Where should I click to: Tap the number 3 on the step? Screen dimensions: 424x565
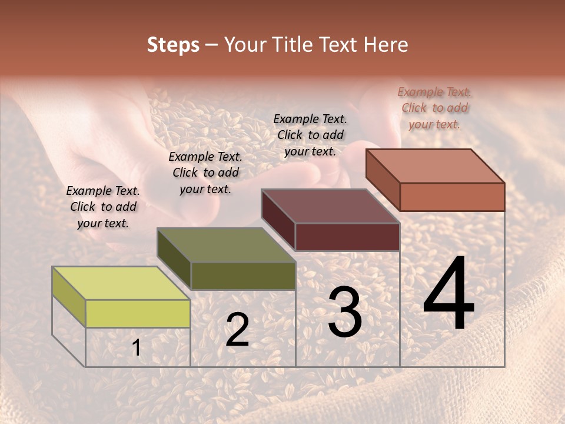[345, 312]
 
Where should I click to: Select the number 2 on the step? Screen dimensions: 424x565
[237, 330]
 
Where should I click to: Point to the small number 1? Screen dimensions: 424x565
[137, 348]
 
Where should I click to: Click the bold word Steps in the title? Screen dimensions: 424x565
[173, 45]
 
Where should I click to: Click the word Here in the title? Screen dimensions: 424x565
[386, 45]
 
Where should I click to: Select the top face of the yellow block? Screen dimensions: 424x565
[121, 283]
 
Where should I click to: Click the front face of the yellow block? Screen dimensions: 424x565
[138, 313]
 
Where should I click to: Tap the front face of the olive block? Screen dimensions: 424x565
[243, 276]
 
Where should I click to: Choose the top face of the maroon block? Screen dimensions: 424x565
[331, 206]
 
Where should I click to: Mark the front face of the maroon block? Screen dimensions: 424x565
[347, 237]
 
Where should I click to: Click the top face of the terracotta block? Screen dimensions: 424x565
[436, 165]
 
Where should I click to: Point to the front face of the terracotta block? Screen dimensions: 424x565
[452, 197]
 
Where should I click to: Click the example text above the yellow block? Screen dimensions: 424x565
[103, 207]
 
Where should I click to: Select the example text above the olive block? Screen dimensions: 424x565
[205, 173]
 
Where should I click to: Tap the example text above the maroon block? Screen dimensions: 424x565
[310, 135]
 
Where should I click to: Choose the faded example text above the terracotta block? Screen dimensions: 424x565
[434, 108]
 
